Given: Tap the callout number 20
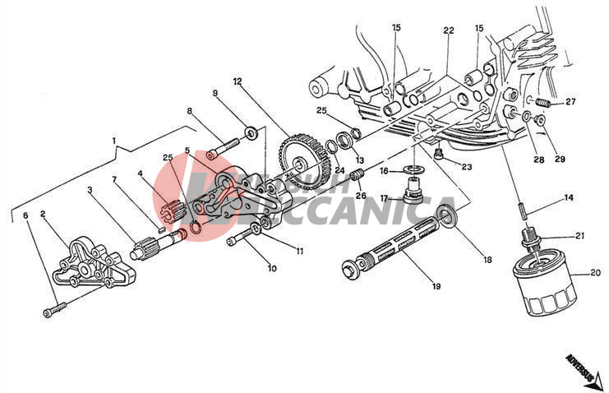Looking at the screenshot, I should click(x=596, y=273).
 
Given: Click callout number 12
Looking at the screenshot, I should click(x=237, y=81).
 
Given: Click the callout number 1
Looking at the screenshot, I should click(x=114, y=141).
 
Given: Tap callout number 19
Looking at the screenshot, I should click(x=436, y=286).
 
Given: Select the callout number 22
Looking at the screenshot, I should click(x=449, y=30).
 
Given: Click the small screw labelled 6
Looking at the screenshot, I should click(x=53, y=311).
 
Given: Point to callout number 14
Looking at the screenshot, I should click(x=567, y=198).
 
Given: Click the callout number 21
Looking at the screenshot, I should click(x=579, y=235).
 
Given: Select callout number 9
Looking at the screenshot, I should click(x=215, y=93).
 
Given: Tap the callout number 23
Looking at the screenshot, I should click(x=467, y=167).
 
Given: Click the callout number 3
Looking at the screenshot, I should click(x=90, y=190).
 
